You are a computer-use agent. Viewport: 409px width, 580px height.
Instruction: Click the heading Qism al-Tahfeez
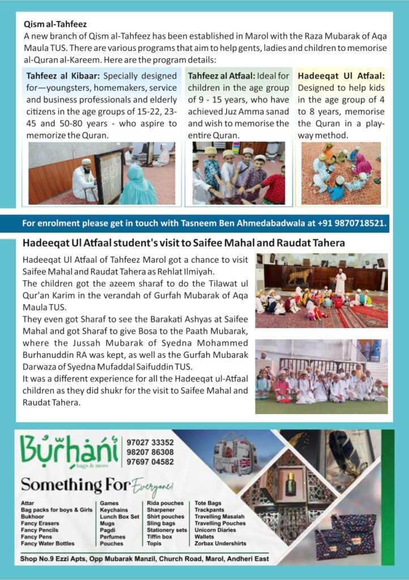point(55,24)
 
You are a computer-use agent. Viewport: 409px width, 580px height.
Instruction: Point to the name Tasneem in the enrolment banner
point(181,223)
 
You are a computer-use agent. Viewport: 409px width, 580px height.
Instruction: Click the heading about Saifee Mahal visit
point(184,244)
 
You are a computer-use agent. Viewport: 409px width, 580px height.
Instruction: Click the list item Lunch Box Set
point(120,517)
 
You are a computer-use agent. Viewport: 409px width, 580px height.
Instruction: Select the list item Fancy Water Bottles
point(48,544)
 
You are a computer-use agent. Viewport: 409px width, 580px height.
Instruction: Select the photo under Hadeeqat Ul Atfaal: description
point(340,173)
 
